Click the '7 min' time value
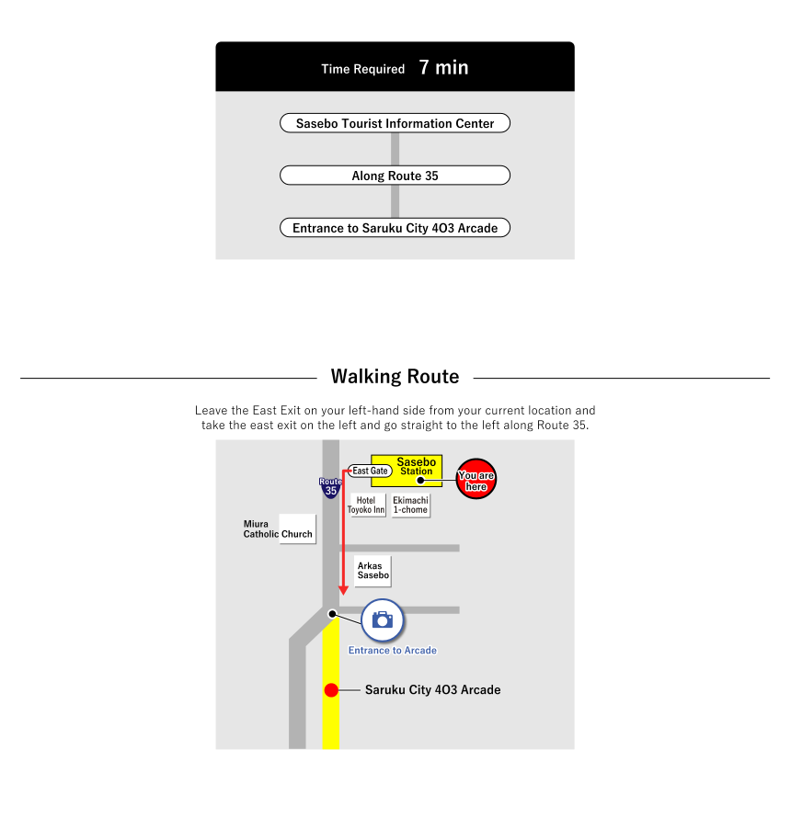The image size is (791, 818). pyautogui.click(x=443, y=67)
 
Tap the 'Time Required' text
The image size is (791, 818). pyautogui.click(x=362, y=69)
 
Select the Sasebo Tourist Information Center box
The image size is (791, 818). pyautogui.click(x=395, y=123)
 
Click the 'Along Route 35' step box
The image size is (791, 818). pyautogui.click(x=395, y=176)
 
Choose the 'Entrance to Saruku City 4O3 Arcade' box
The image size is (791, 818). pyautogui.click(x=395, y=228)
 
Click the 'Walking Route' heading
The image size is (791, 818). pyautogui.click(x=395, y=376)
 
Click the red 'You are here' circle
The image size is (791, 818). pyautogui.click(x=476, y=479)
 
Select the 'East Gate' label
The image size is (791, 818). pyautogui.click(x=370, y=471)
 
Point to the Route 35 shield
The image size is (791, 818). pyautogui.click(x=330, y=487)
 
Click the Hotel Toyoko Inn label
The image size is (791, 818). pyautogui.click(x=366, y=505)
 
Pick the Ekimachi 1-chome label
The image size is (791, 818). pyautogui.click(x=410, y=505)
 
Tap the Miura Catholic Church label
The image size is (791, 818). pyautogui.click(x=278, y=528)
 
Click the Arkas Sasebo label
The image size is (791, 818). pyautogui.click(x=373, y=570)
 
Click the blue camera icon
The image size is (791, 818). pyautogui.click(x=383, y=619)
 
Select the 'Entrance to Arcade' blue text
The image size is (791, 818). pyautogui.click(x=392, y=651)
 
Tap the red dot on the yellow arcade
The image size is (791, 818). pyautogui.click(x=331, y=689)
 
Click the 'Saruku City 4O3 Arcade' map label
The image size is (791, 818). pyautogui.click(x=432, y=689)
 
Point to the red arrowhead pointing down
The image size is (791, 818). pyautogui.click(x=343, y=588)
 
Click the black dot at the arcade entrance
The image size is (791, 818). pyautogui.click(x=332, y=613)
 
